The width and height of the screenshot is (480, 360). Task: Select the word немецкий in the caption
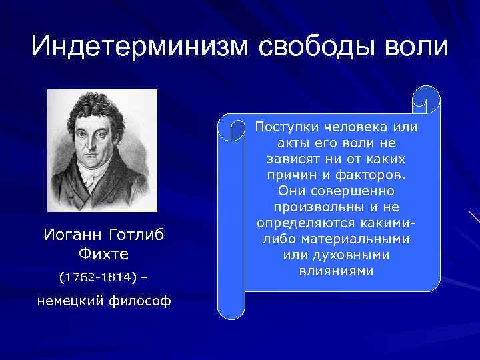[70, 301]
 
